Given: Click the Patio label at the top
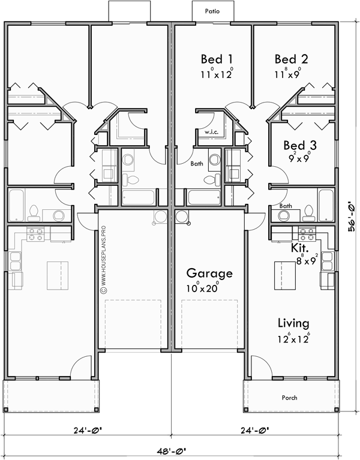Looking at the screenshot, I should pyautogui.click(x=211, y=11).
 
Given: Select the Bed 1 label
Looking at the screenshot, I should pyautogui.click(x=216, y=59).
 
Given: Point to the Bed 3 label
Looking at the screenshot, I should pyautogui.click(x=300, y=145).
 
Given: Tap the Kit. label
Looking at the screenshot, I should pyautogui.click(x=300, y=247).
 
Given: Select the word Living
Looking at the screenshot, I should pyautogui.click(x=293, y=323).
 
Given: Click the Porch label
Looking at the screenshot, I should pyautogui.click(x=289, y=397).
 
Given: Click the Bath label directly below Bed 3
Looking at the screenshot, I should pyautogui.click(x=286, y=206).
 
